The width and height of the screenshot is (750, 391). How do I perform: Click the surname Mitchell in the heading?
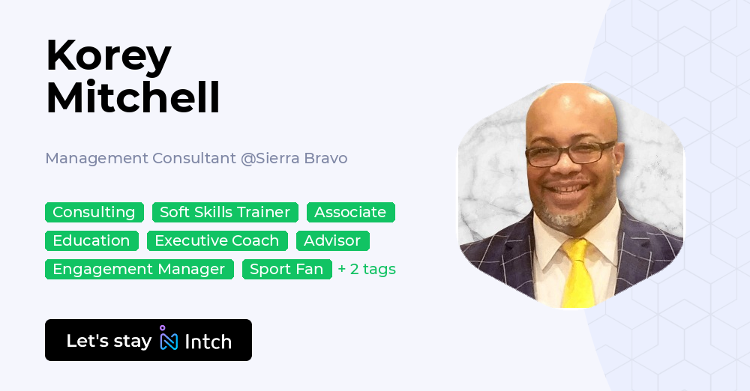click(x=133, y=97)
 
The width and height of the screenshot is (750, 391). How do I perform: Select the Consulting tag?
click(x=94, y=212)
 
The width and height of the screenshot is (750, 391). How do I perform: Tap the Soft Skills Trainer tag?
click(x=225, y=212)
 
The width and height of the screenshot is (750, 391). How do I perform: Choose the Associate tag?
click(x=350, y=212)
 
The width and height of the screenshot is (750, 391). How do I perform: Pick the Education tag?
click(x=91, y=240)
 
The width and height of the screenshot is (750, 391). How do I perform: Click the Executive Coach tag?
click(x=217, y=240)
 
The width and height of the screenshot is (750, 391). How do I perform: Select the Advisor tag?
click(x=332, y=240)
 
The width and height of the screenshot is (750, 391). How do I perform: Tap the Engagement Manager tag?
click(x=139, y=269)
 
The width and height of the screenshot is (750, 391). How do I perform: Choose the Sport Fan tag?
click(x=286, y=269)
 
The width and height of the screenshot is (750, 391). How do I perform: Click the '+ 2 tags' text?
click(x=367, y=269)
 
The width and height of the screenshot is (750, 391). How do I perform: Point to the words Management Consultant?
click(x=140, y=158)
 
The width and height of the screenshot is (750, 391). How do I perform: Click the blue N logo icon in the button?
click(x=169, y=340)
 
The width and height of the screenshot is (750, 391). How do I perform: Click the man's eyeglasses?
click(x=570, y=154)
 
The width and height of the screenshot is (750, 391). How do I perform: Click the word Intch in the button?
click(x=208, y=342)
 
